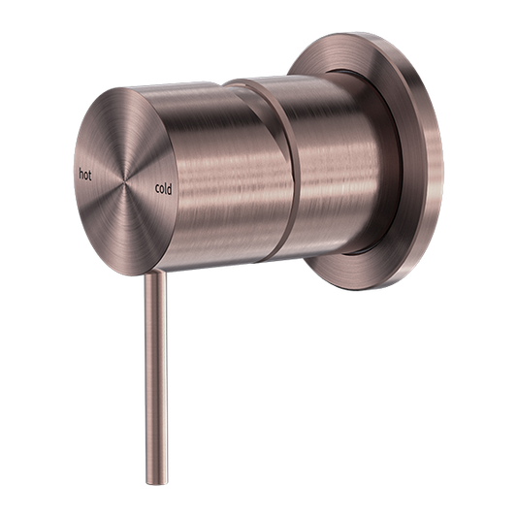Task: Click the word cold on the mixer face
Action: click(162, 189)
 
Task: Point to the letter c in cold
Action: click(154, 189)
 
